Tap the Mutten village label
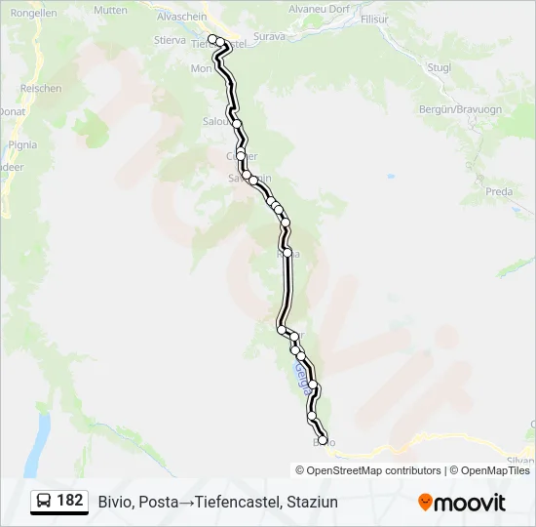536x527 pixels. [111, 10]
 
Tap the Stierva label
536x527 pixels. [171, 42]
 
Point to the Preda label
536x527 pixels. [499, 191]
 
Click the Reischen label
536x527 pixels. [42, 88]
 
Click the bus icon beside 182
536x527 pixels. [44, 501]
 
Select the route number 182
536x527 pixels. [70, 501]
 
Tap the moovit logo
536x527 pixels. [462, 502]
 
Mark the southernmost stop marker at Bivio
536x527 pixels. [323, 440]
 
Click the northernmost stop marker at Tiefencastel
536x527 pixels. [212, 39]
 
